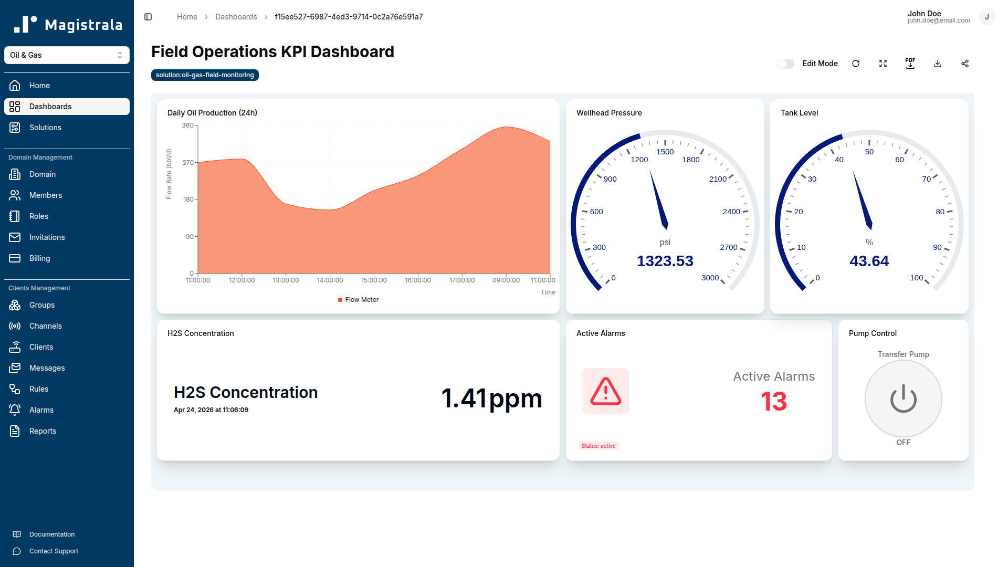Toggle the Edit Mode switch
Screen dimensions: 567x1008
[785, 64]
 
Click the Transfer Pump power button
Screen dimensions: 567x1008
[903, 399]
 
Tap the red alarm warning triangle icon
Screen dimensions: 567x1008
[605, 391]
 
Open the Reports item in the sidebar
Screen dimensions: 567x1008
[43, 431]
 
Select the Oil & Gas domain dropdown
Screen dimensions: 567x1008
[67, 55]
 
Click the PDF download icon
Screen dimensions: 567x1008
[910, 64]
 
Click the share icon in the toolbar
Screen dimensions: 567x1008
[964, 64]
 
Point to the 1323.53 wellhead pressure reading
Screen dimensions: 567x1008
[665, 261]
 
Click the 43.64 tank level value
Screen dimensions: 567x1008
[869, 261]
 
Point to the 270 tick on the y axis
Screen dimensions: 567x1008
[188, 163]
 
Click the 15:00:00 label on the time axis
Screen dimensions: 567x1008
[374, 280]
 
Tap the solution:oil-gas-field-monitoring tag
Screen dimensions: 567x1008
[205, 75]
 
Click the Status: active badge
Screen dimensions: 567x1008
[598, 446]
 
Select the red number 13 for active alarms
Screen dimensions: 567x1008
[773, 402]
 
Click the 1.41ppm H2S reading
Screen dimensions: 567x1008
[491, 398]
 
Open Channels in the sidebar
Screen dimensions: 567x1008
[45, 326]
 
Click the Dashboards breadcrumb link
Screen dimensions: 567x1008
[236, 17]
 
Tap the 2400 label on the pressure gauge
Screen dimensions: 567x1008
[731, 212]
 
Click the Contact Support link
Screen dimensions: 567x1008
[54, 551]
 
